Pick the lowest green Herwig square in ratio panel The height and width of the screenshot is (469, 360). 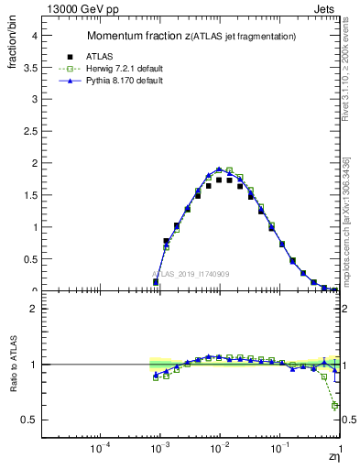[335, 405]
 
